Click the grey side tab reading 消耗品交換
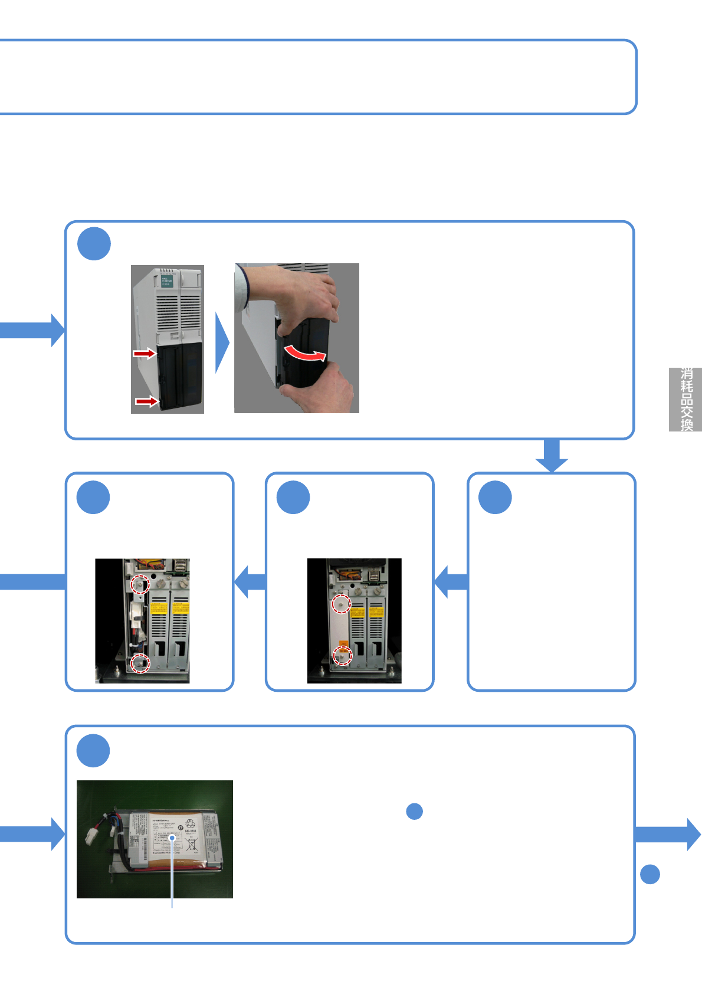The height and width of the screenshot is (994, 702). (x=685, y=400)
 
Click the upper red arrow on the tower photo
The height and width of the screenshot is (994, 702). (x=144, y=353)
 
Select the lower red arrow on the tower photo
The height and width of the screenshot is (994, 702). (x=146, y=401)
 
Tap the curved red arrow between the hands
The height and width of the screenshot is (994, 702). (x=304, y=354)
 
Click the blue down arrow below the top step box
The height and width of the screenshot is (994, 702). (x=552, y=456)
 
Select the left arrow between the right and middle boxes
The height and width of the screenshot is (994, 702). (x=451, y=582)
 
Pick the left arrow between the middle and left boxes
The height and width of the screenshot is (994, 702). (x=250, y=582)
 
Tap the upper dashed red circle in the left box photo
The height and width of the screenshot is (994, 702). (x=140, y=584)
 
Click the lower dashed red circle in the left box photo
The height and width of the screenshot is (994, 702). (x=140, y=663)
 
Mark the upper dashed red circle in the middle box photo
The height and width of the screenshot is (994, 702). (x=341, y=604)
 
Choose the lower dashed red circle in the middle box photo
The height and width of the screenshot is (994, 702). (x=342, y=655)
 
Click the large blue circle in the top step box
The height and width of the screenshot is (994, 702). (x=94, y=244)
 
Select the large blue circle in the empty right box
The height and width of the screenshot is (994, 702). (x=495, y=498)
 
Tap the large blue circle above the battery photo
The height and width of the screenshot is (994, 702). (x=93, y=751)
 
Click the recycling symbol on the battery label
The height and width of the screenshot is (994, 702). (x=190, y=824)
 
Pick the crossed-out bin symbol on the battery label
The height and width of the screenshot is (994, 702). (x=191, y=844)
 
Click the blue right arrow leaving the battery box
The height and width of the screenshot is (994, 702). (x=670, y=834)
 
